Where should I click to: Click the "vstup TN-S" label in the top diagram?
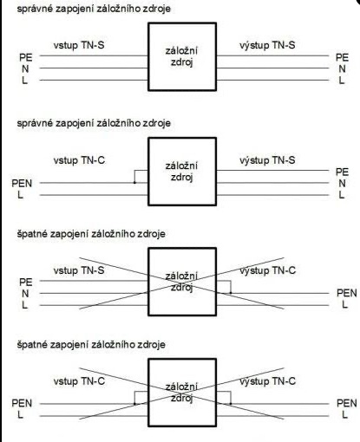click(x=79, y=46)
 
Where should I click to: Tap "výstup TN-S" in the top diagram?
click(x=267, y=45)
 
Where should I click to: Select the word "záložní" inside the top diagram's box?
click(x=181, y=51)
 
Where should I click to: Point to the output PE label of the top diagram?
click(x=342, y=57)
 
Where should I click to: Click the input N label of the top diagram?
click(x=25, y=69)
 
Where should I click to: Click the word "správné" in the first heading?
click(x=35, y=9)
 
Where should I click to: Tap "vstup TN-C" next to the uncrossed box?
click(x=79, y=160)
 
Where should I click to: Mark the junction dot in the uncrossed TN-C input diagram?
click(x=134, y=183)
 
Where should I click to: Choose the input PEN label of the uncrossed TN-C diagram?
click(x=22, y=184)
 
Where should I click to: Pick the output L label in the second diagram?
click(x=342, y=195)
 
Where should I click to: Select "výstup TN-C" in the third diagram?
click(x=267, y=270)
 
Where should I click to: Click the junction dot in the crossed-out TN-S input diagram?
click(x=231, y=293)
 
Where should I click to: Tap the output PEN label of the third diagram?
click(x=347, y=293)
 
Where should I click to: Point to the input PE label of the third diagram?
click(x=26, y=283)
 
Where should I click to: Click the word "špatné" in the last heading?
click(x=32, y=345)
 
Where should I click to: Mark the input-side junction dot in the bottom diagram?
click(x=134, y=404)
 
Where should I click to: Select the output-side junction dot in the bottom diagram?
click(x=231, y=404)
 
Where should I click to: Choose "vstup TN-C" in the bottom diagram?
click(x=79, y=381)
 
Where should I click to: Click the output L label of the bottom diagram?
click(x=344, y=415)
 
